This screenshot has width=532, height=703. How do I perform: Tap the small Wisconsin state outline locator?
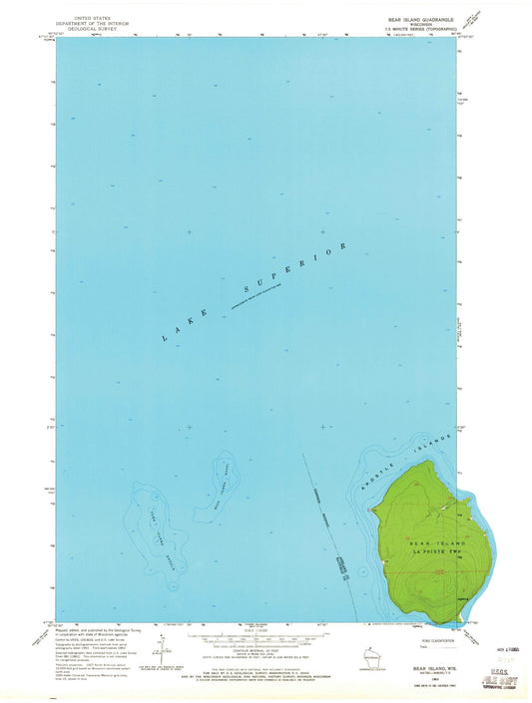(369, 659)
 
